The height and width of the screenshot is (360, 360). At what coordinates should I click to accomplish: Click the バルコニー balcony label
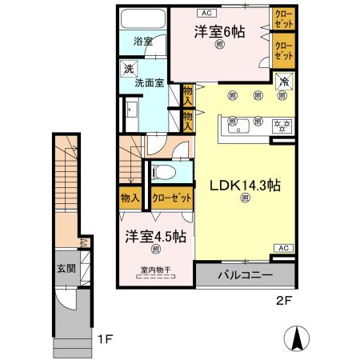coord(245,274)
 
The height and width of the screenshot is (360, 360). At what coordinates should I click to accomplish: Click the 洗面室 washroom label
coord(150,81)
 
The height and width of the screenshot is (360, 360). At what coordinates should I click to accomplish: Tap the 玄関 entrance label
coord(66,269)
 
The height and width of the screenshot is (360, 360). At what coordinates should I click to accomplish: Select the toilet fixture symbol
coord(162,170)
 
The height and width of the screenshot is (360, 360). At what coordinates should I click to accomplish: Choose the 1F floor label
coord(104,339)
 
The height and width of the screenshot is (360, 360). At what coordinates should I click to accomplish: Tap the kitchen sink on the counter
coord(238,126)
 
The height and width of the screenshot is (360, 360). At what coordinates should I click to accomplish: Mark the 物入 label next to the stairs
coord(130,198)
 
